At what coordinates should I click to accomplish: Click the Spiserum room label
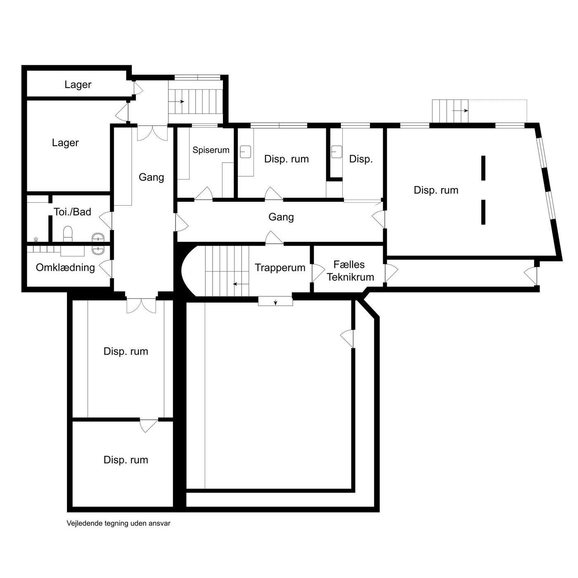click(x=211, y=150)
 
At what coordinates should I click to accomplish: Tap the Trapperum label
click(x=280, y=268)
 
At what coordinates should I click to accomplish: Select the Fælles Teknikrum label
click(x=350, y=271)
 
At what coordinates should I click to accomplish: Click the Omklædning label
click(x=65, y=268)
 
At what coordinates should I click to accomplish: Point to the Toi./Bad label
click(x=72, y=212)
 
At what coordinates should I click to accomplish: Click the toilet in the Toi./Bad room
click(x=68, y=234)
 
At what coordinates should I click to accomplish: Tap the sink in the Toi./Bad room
click(x=98, y=237)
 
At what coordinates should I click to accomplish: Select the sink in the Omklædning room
click(x=98, y=250)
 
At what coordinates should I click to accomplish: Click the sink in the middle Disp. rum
click(x=245, y=152)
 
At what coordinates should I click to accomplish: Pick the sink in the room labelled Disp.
click(x=336, y=152)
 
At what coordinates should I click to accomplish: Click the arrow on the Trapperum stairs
click(x=241, y=284)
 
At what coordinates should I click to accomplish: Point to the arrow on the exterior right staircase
click(x=460, y=111)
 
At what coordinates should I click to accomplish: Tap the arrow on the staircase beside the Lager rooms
click(x=176, y=102)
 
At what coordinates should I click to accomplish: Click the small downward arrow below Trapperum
click(x=275, y=302)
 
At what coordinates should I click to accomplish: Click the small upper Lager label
click(x=78, y=85)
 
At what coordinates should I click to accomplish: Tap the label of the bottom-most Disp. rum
click(x=126, y=460)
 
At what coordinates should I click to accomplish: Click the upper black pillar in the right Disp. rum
click(x=483, y=168)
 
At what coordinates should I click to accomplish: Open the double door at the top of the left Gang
click(x=152, y=133)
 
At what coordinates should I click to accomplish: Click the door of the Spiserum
click(x=204, y=194)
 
